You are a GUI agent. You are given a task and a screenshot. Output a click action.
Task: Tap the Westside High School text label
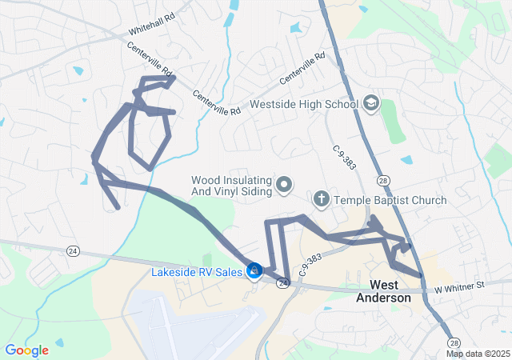click(303, 104)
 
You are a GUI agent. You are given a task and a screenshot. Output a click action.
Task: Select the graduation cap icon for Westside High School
click(370, 103)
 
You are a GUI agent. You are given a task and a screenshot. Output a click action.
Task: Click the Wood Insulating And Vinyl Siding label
click(232, 186)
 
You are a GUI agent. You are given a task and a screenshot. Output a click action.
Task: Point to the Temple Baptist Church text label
click(390, 200)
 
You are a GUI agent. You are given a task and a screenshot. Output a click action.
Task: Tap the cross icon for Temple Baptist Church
click(321, 198)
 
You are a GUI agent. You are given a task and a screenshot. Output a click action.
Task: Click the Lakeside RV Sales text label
click(196, 273)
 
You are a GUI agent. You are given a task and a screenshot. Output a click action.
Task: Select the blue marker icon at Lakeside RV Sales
click(254, 272)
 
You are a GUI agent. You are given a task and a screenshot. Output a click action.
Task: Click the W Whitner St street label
click(460, 286)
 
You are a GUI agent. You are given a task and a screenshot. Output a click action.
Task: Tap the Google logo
click(26, 350)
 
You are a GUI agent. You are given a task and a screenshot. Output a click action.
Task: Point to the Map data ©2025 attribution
click(478, 354)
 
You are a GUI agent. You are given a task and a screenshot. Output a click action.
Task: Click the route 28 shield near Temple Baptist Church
click(385, 183)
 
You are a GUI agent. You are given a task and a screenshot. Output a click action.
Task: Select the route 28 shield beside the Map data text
click(454, 342)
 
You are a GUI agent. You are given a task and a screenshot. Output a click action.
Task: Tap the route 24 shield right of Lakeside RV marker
click(282, 284)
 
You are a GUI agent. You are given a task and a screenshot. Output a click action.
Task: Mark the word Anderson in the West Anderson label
click(390, 298)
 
